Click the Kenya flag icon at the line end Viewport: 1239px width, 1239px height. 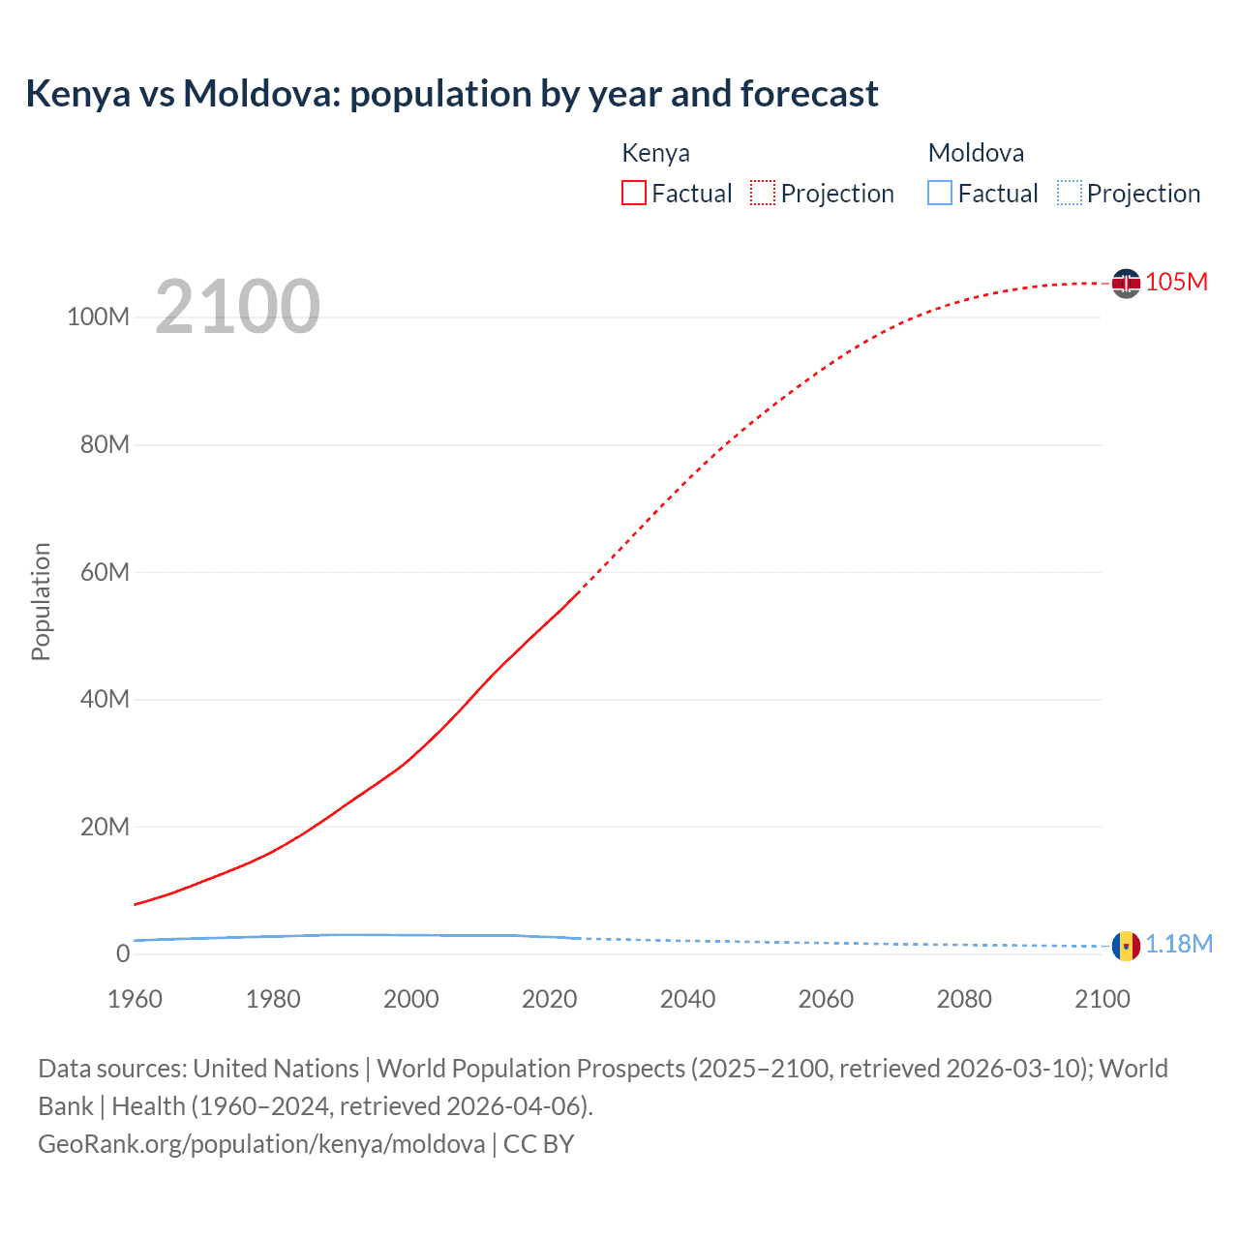pos(1126,283)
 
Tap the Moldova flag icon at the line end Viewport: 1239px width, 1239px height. pos(1126,946)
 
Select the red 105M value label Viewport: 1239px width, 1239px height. pos(1176,282)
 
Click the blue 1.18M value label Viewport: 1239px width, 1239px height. pos(1179,945)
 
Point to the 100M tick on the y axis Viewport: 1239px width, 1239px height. pos(98,317)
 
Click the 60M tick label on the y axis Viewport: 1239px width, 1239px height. pos(105,572)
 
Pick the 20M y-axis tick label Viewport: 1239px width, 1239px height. pos(105,827)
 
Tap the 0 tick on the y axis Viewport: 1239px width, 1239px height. pos(123,953)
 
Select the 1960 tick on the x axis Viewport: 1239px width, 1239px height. pos(135,999)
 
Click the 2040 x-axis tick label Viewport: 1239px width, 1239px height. pos(687,999)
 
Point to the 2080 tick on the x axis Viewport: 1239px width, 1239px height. pos(964,999)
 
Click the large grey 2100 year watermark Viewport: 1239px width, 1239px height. pos(237,307)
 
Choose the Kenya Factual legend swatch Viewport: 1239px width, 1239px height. pos(634,193)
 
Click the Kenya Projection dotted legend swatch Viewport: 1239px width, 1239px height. pos(763,193)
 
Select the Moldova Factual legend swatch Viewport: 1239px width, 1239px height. pos(940,193)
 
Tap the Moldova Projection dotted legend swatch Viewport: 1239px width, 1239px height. pos(1070,193)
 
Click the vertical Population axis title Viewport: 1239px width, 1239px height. pos(41,601)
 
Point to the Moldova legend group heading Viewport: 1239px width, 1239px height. pos(976,153)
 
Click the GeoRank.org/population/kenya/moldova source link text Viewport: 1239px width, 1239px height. pos(261,1144)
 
